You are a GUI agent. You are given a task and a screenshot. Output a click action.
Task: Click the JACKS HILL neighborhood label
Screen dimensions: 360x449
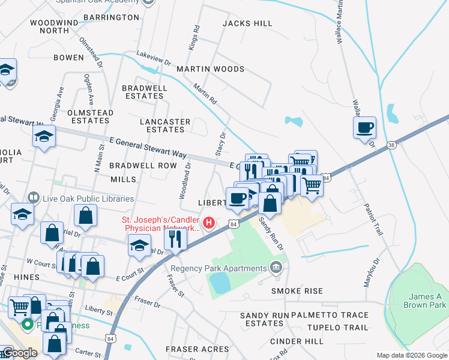point(247,23)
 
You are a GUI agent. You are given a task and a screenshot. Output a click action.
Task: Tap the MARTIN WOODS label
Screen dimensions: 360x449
point(210,69)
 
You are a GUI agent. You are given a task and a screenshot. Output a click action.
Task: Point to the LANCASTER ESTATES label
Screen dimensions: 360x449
point(165,125)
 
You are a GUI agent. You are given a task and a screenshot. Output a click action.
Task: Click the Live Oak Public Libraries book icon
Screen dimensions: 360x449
point(33,198)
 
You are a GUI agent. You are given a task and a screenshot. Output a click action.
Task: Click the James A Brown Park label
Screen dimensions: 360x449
point(421,301)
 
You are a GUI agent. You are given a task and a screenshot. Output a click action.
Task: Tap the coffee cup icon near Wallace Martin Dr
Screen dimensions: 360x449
point(364,128)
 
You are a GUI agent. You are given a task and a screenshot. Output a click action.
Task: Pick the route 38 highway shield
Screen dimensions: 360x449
point(391,145)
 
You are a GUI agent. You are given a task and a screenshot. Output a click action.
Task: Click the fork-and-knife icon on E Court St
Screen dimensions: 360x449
point(175,239)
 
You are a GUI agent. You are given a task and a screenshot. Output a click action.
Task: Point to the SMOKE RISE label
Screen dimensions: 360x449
point(297,291)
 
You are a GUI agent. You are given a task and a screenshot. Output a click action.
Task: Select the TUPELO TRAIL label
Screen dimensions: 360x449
point(337,328)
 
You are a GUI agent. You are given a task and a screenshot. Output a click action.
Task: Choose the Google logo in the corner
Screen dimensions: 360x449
point(19,353)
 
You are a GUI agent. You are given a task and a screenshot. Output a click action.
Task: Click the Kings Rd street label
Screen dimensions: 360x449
point(194,37)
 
